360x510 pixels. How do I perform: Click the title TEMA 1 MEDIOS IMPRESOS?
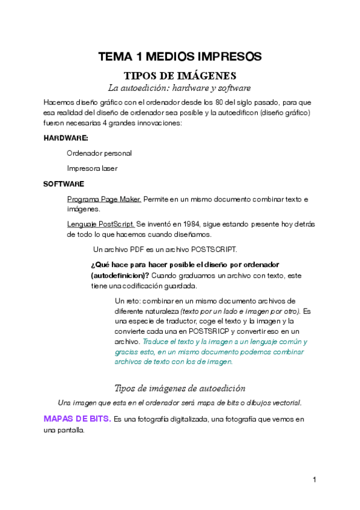pos(180,57)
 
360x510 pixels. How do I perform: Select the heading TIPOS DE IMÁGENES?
pos(180,76)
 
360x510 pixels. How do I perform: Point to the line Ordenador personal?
pos(99,153)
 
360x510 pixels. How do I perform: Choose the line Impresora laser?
pos(92,168)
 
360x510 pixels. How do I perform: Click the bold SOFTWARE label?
pos(64,183)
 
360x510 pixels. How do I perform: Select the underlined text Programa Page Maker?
pos(104,198)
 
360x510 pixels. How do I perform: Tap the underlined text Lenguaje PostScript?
pos(100,224)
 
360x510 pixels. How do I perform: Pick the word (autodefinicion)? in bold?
pos(120,275)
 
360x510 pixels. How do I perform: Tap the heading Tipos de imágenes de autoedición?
pos(180,388)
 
